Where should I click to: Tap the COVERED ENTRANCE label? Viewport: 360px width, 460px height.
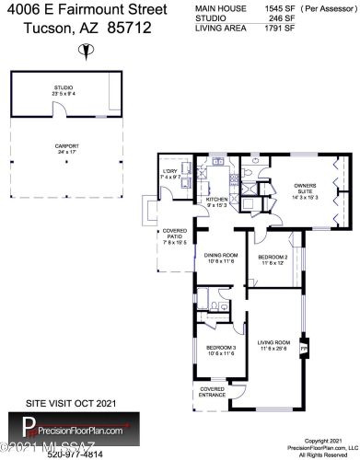tap(213, 392)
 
